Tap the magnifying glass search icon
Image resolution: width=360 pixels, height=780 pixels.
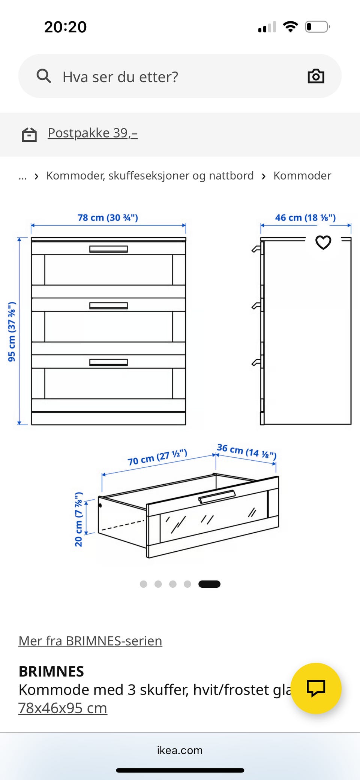coord(44,76)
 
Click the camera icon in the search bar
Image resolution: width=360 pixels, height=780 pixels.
coord(316,76)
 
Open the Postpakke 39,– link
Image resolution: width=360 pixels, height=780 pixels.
coord(93,133)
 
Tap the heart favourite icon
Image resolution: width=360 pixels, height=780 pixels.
coord(323,242)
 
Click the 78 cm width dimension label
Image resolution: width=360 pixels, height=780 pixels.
coord(108,218)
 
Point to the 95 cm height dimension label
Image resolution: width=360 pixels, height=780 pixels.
coord(12,331)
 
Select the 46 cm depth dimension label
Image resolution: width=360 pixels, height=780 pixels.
coord(305,218)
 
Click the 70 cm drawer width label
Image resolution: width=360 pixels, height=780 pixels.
coord(157,457)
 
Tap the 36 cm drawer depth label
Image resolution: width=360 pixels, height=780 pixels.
coord(246,451)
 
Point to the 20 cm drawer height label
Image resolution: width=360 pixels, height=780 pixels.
coord(78,520)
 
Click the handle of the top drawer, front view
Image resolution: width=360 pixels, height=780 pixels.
coord(108,249)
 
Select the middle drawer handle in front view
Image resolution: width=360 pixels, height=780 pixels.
coord(108,306)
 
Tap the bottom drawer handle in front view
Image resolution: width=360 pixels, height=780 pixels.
coord(108,362)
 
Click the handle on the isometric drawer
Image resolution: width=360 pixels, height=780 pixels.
coord(217,497)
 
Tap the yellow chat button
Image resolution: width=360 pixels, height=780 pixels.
coord(316,688)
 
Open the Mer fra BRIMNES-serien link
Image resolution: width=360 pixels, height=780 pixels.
coord(90,641)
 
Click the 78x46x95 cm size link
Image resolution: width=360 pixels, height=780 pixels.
coord(63,708)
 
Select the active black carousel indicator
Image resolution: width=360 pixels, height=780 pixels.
coord(209,584)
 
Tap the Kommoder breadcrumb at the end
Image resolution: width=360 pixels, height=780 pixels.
coord(302,175)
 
